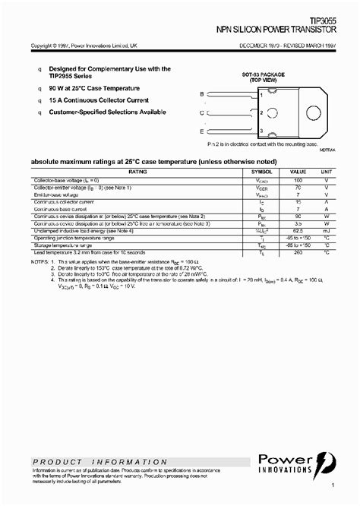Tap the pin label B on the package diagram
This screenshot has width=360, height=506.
tap(201, 93)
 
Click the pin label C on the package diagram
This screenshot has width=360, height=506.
tap(201, 112)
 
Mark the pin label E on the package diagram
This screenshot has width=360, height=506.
tap(201, 131)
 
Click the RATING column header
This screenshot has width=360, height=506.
tap(137, 172)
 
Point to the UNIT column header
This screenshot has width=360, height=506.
tap(326, 172)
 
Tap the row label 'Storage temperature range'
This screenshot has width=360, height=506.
tap(65, 245)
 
